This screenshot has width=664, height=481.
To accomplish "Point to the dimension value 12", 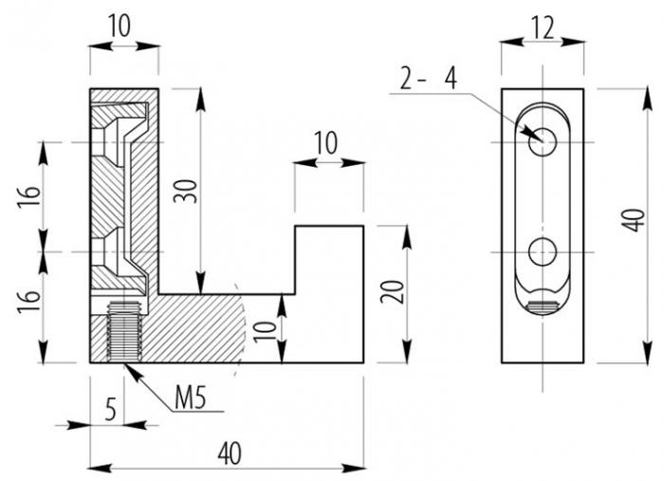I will coord(542,28).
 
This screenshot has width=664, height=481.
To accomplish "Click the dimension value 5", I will coord(111,411).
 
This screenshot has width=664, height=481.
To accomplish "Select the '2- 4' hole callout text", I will coord(428,80).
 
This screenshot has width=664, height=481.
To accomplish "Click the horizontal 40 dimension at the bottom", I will coord(228,453).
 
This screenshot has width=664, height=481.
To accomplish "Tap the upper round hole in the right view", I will coord(542,141).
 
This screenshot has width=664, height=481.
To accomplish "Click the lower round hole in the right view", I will coord(542,252).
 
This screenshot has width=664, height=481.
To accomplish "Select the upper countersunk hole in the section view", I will coord(116,142).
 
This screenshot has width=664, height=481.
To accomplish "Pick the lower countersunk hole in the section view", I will coord(116,252).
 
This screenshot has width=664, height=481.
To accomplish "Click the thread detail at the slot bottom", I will coord(543,306).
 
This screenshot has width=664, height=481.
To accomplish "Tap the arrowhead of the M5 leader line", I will coord(128,364).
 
